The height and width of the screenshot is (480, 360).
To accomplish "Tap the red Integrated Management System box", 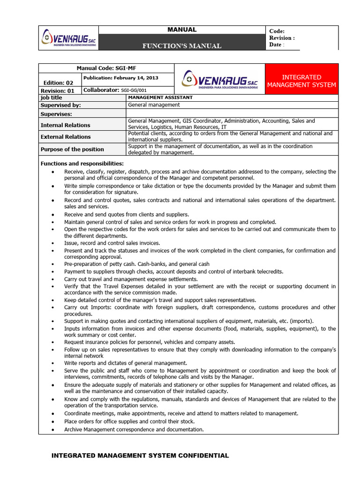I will [x=301, y=81].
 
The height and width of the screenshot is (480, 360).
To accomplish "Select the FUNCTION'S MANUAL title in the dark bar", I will [x=182, y=46].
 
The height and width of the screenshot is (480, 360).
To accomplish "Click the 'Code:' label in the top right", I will [x=277, y=30].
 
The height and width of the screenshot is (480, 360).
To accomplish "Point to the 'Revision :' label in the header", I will [x=282, y=37].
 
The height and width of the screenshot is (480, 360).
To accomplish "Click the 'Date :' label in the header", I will [x=277, y=45].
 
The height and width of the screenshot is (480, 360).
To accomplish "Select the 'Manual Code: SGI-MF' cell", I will [x=106, y=68].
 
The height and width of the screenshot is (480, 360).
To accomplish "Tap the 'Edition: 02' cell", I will [x=59, y=82].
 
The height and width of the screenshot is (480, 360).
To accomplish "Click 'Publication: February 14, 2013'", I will [x=120, y=78].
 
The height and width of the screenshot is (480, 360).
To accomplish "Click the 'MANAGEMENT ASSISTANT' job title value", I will [x=160, y=97].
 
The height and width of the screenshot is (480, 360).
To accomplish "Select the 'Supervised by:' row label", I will [x=60, y=105].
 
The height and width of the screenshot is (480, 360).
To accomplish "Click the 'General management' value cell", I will [x=154, y=105].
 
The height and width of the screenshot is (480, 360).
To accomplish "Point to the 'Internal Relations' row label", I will [x=65, y=125].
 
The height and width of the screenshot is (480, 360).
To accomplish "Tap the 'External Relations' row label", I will [x=66, y=137].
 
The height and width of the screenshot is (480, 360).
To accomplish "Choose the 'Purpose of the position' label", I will [x=72, y=150].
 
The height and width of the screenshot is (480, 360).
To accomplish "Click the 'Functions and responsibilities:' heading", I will [x=82, y=164].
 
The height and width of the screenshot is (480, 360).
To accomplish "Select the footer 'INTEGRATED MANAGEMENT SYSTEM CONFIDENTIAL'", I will [x=140, y=455].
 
